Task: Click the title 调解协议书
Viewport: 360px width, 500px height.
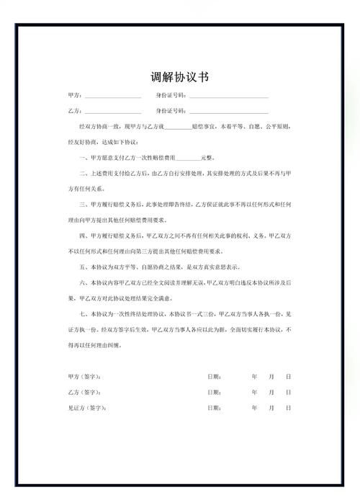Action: (x=180, y=77)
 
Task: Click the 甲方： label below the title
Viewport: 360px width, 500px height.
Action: (x=75, y=96)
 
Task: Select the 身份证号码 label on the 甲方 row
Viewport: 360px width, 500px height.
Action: (x=171, y=96)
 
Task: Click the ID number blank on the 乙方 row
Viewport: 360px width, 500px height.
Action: (x=228, y=111)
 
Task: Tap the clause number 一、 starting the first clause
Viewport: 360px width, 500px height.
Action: (x=84, y=157)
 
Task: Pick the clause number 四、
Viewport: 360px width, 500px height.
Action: (x=84, y=236)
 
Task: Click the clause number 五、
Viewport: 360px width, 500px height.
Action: (x=84, y=267)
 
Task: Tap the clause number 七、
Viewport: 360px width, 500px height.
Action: (x=84, y=314)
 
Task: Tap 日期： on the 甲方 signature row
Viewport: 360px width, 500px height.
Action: (x=214, y=376)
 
